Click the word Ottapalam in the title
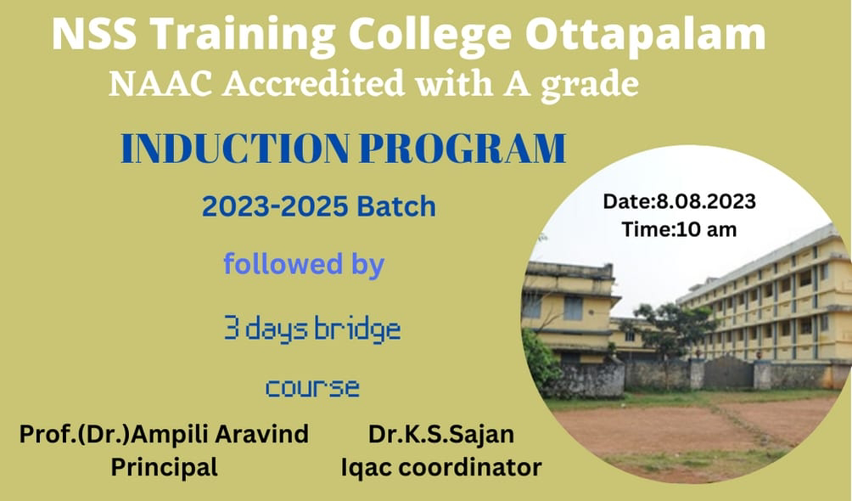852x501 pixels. click(645, 34)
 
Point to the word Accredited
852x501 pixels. click(313, 84)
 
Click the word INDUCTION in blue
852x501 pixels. click(235, 148)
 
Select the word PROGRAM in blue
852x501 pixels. click(463, 148)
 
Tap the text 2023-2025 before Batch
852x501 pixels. click(274, 206)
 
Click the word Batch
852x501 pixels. click(396, 206)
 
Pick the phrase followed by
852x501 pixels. click(304, 264)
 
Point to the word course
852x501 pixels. click(312, 388)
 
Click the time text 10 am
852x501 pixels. click(707, 229)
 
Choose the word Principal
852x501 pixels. click(164, 467)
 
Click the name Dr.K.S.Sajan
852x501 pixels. click(441, 434)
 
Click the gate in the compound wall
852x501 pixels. click(728, 373)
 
